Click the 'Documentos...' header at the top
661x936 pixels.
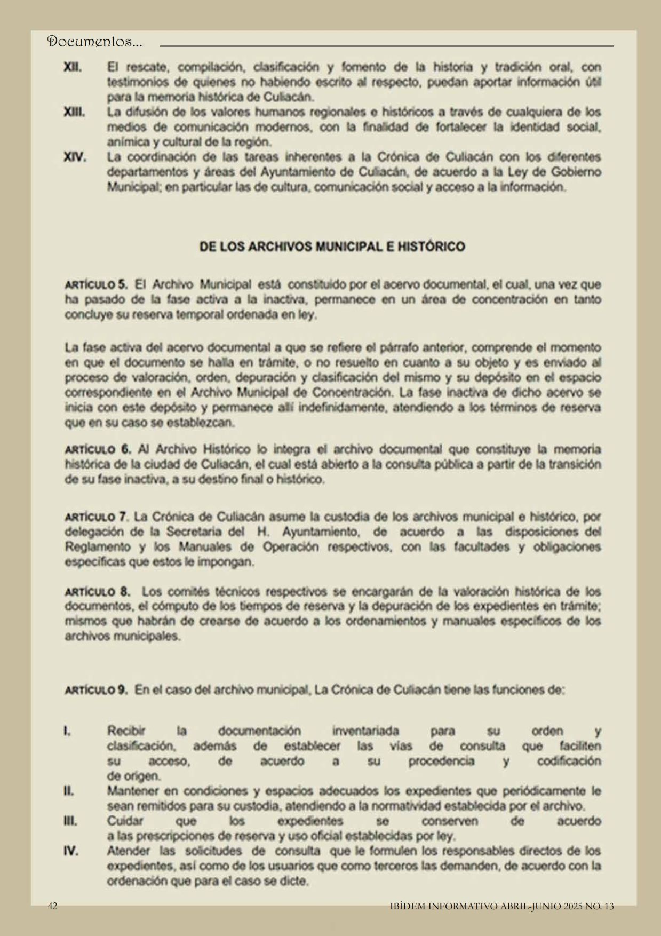click(95, 42)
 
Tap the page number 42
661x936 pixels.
click(53, 906)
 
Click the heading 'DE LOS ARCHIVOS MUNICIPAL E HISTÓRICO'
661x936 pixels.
click(332, 247)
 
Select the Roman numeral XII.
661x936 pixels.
click(73, 68)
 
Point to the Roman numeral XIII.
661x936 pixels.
click(74, 113)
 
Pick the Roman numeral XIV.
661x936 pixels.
click(75, 158)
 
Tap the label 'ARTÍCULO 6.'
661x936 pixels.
click(98, 449)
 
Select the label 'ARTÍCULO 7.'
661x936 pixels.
click(97, 517)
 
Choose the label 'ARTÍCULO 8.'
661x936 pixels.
click(98, 592)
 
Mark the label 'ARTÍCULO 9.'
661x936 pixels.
click(96, 690)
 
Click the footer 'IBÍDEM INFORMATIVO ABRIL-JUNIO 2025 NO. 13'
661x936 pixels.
click(502, 906)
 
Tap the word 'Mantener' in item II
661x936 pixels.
click(132, 790)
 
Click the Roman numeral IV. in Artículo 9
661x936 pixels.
click(71, 851)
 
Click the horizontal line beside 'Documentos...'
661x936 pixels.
click(387, 46)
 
